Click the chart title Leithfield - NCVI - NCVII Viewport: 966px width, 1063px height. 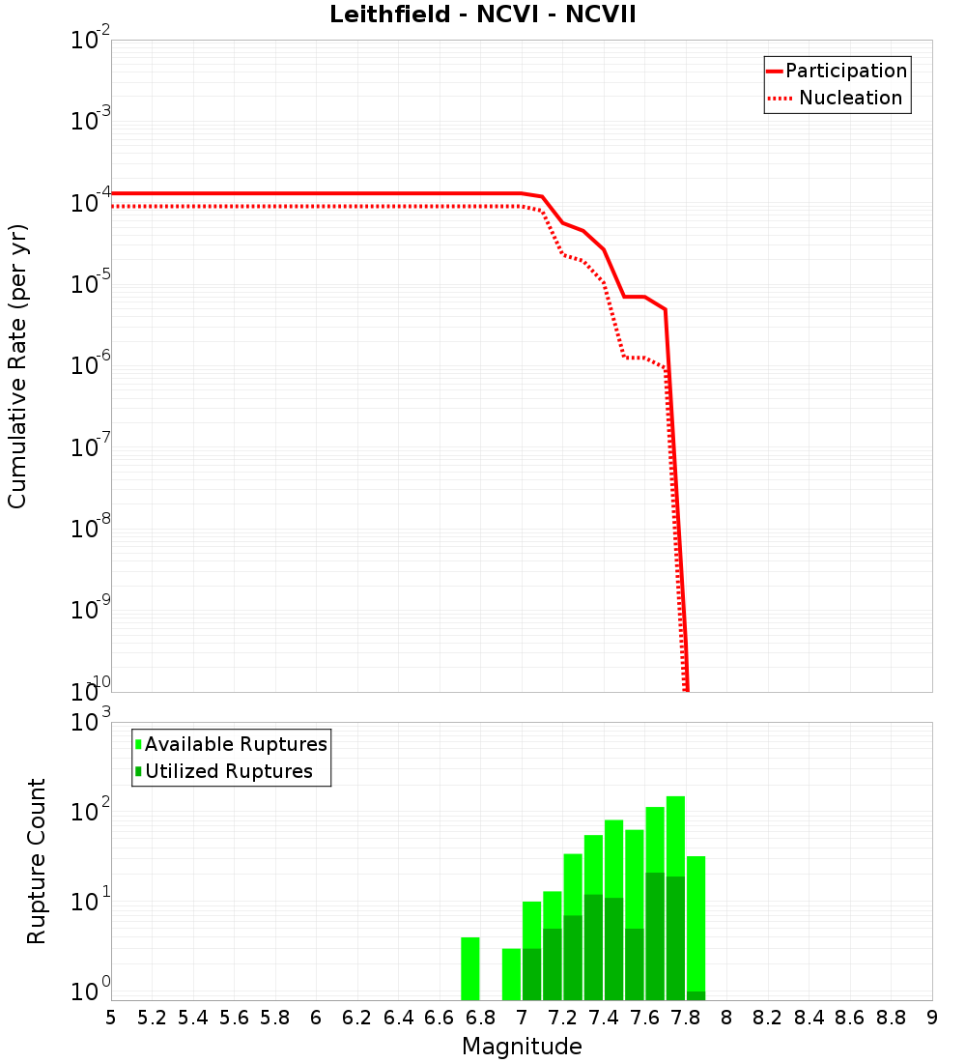coord(482,15)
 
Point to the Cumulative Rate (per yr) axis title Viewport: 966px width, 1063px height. coord(17,366)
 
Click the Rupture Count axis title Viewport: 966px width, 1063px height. coord(37,861)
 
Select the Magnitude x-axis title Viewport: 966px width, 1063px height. coord(522,1047)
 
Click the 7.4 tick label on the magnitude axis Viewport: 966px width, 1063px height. coord(604,1018)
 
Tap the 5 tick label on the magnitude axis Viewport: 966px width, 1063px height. coord(111,1018)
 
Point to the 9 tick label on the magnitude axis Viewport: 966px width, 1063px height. coord(932,1018)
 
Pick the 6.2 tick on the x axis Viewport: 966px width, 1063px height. coord(357,1018)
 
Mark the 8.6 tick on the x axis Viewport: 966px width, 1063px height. coord(850,1018)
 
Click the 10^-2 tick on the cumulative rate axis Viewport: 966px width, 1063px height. coord(90,42)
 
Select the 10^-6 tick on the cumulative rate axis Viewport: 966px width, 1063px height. coord(90,366)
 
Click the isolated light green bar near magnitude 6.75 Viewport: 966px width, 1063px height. coord(470,968)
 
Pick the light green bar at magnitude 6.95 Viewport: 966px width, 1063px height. coord(511,974)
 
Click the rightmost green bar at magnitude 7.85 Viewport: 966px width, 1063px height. coord(696,923)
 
